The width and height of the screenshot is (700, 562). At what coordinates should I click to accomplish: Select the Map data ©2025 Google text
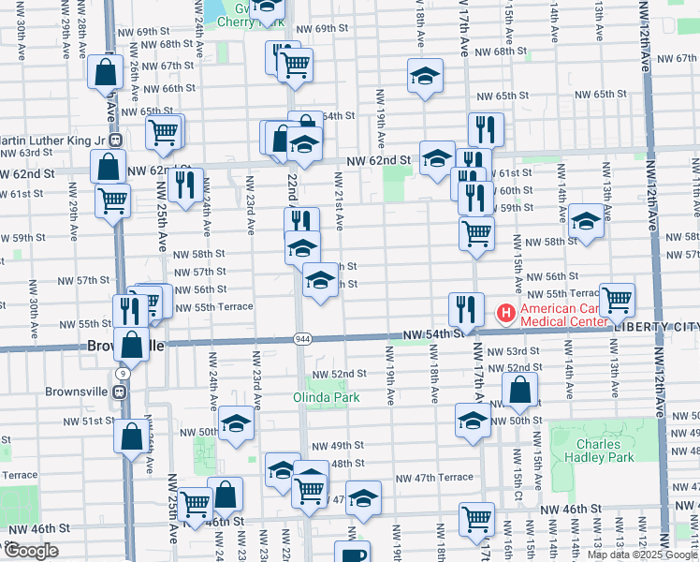642,555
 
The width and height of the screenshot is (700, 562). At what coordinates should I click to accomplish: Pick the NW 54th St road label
433,334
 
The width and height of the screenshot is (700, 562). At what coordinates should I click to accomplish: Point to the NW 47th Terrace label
434,477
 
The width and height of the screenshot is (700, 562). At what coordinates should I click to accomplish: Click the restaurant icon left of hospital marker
465,308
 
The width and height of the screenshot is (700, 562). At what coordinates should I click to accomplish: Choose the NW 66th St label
169,88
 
